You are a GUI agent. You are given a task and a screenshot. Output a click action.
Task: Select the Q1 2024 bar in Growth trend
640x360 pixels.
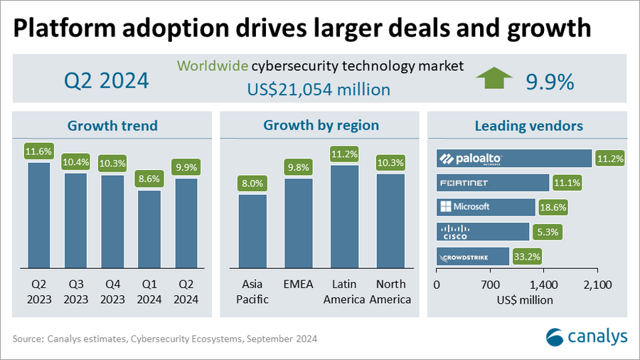tap(149, 228)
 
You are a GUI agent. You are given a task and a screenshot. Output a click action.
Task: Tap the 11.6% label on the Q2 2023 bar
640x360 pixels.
tap(39, 152)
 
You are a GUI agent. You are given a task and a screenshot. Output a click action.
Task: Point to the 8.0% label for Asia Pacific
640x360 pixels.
tap(252, 183)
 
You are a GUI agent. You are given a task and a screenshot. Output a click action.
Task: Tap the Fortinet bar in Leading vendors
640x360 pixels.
tap(492, 183)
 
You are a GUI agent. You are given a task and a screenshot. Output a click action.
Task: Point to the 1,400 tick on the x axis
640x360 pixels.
tap(544, 285)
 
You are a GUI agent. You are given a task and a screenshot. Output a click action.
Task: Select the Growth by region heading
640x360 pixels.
tap(321, 126)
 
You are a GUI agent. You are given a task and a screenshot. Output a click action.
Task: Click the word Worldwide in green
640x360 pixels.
tap(211, 66)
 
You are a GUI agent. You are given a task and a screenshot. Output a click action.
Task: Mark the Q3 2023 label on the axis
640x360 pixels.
tap(75, 292)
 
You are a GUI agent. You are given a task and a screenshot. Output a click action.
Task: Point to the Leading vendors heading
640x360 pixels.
tap(528, 126)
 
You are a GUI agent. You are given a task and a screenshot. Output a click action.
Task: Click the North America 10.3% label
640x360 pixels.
tap(390, 163)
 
